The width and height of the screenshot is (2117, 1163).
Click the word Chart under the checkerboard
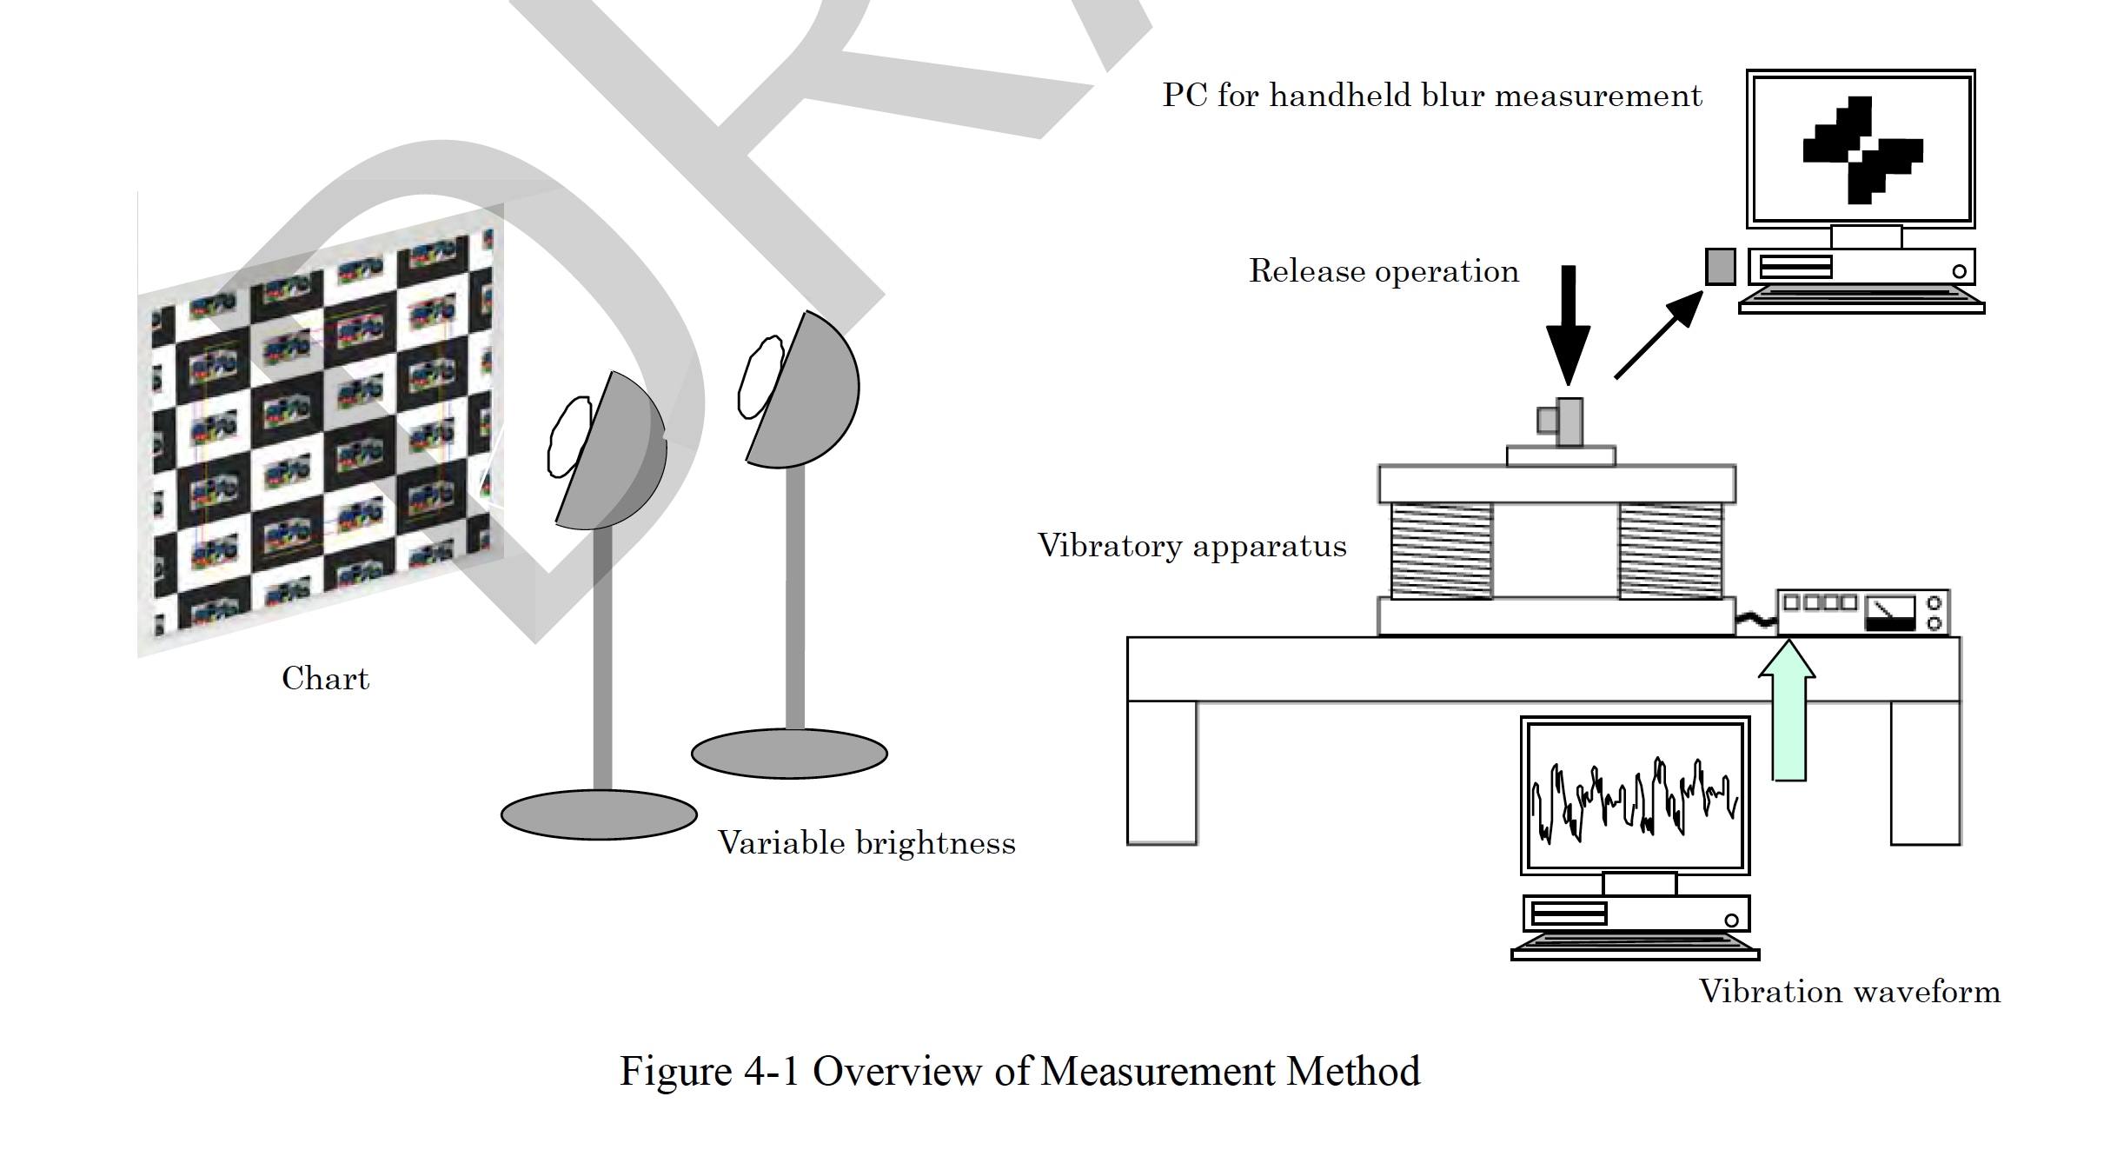(325, 679)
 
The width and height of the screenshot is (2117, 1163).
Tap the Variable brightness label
(866, 843)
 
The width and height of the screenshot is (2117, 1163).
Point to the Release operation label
(1384, 271)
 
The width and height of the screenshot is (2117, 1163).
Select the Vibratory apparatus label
(1191, 546)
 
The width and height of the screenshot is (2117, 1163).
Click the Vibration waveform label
(1849, 992)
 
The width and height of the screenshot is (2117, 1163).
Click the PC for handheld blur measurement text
(1431, 96)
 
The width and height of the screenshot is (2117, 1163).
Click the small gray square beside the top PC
(1720, 267)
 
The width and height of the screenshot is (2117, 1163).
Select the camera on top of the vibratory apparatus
(1562, 422)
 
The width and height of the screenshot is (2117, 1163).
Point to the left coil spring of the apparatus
(1441, 551)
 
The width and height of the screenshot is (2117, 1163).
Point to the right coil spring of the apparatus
(1669, 551)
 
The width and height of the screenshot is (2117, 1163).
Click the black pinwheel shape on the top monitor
(1861, 150)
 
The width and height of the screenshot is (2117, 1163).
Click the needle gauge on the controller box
(1890, 613)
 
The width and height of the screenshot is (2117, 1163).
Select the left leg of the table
(1162, 772)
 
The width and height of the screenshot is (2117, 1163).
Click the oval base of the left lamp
(599, 814)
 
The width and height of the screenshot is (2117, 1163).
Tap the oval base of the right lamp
(789, 754)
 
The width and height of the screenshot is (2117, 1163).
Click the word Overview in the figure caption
(896, 1072)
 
